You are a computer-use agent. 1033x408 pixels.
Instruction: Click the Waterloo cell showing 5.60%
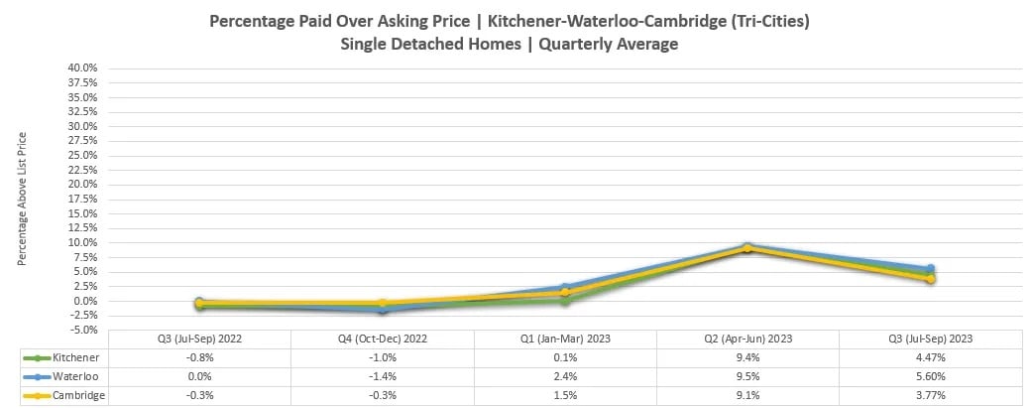[930, 376]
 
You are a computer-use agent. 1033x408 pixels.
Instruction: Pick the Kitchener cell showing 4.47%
[930, 357]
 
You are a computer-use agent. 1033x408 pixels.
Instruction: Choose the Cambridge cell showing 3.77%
[930, 396]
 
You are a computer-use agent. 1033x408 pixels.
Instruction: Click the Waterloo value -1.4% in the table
[383, 376]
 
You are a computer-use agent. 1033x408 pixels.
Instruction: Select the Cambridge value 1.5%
[565, 396]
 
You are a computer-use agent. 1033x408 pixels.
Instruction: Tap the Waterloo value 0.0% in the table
[199, 376]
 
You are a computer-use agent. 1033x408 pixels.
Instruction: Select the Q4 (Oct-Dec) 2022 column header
[383, 339]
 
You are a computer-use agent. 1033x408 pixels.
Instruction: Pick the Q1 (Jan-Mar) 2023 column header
[565, 339]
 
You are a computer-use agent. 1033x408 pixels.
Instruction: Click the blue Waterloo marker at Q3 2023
[930, 269]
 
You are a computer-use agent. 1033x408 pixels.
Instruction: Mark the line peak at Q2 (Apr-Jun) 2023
[747, 246]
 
